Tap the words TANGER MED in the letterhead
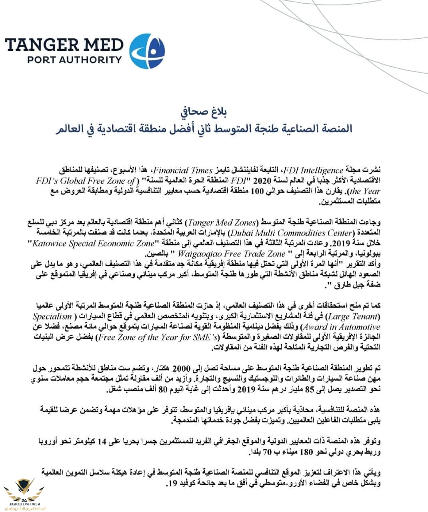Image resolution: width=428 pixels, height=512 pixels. (x=64, y=44)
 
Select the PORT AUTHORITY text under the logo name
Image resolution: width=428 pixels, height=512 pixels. (x=74, y=60)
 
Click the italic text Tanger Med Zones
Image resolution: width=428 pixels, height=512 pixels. (x=222, y=222)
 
